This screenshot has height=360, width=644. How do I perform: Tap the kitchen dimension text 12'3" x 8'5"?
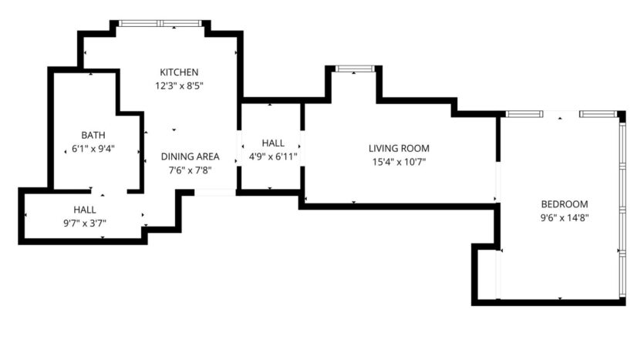[x=179, y=85]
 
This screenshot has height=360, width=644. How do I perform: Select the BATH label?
[x=93, y=135]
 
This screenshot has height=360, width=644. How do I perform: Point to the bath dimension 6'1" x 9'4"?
[x=93, y=149]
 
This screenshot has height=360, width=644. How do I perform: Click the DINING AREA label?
[x=190, y=156]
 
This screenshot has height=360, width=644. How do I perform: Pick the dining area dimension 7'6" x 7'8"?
[x=190, y=170]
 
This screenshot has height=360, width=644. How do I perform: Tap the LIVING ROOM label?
[x=398, y=148]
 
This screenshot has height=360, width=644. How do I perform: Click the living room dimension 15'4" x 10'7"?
[x=398, y=162]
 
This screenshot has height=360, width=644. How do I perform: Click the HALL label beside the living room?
[x=273, y=143]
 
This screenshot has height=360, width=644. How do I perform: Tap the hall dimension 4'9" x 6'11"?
[x=273, y=156]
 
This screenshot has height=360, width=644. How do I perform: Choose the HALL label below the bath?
[x=85, y=209]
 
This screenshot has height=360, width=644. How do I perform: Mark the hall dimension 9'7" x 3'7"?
[x=85, y=223]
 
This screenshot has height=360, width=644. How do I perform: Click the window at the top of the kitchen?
[x=161, y=24]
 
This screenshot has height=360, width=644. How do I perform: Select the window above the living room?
[x=353, y=69]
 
